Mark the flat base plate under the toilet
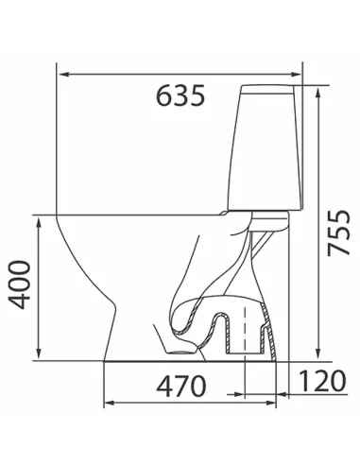coord(189,361)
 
